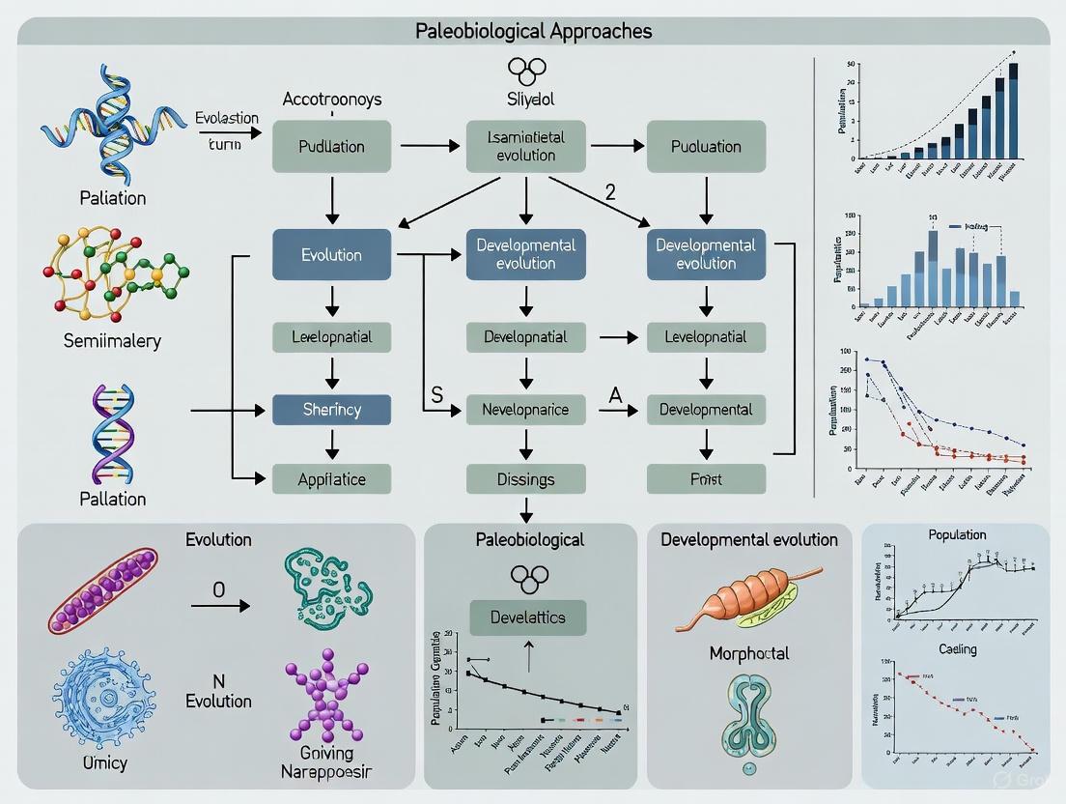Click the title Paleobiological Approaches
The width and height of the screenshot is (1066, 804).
click(x=533, y=31)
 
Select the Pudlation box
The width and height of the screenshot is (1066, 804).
click(x=331, y=147)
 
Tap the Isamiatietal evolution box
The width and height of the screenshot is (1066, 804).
click(x=525, y=147)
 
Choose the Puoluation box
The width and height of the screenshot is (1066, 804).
click(x=706, y=147)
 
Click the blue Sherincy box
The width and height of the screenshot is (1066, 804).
click(x=331, y=409)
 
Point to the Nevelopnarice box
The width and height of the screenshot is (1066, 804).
click(x=525, y=410)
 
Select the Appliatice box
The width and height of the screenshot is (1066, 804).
click(x=331, y=478)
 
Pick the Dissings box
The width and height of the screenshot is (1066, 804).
click(x=525, y=478)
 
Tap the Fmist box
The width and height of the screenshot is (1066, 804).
click(x=706, y=478)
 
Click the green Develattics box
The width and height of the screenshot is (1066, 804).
click(x=527, y=617)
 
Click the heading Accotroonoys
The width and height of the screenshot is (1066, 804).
click(x=331, y=100)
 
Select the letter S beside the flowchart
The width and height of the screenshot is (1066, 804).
click(x=437, y=393)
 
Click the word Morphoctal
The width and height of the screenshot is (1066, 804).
click(x=748, y=653)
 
